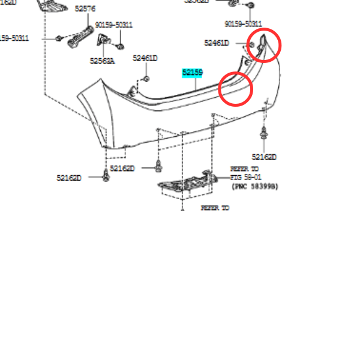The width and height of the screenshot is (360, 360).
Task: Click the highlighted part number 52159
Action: click(x=193, y=73)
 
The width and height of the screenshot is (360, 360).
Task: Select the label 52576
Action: click(x=85, y=9)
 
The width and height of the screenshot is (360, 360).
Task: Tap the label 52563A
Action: click(x=103, y=61)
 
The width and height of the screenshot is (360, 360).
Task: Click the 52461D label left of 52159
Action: click(x=145, y=58)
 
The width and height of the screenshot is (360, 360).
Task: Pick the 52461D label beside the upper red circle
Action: click(x=216, y=43)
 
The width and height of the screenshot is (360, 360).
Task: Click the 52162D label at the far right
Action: click(x=264, y=157)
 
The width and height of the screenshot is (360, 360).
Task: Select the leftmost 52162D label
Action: click(x=69, y=178)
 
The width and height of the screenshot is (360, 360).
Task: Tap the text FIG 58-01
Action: click(x=245, y=178)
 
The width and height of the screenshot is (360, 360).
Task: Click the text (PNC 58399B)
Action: click(x=255, y=187)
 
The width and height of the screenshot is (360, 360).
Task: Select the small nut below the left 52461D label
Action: click(x=146, y=79)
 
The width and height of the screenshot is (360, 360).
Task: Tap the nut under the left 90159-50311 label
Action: click(x=120, y=46)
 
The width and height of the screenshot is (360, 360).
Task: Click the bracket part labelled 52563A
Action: click(x=102, y=46)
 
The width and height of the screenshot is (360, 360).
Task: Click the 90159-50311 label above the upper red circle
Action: click(x=245, y=24)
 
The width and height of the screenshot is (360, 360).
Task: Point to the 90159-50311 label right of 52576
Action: click(x=114, y=25)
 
